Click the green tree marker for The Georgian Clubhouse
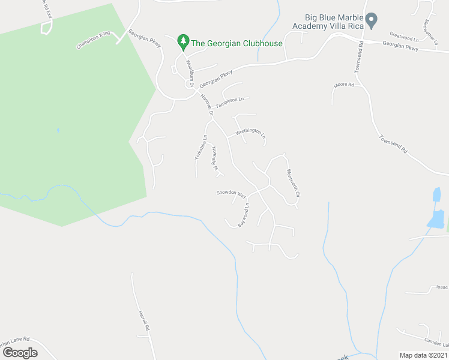click(x=183, y=42)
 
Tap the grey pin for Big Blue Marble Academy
click(x=372, y=20)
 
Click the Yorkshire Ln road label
click(x=200, y=147)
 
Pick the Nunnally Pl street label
click(x=213, y=160)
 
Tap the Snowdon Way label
click(x=232, y=194)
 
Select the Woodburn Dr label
click(x=190, y=73)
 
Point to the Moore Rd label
click(x=343, y=85)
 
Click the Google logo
click(x=19, y=352)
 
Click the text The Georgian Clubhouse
click(x=237, y=43)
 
